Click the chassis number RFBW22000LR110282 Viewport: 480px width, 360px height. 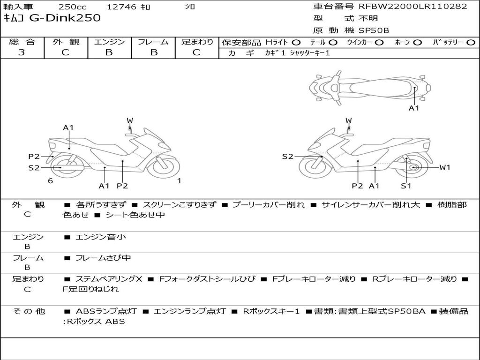click(x=413, y=7)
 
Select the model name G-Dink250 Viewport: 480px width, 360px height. click(x=66, y=18)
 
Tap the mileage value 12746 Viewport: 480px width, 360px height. click(x=121, y=7)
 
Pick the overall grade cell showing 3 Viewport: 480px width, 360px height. click(x=22, y=52)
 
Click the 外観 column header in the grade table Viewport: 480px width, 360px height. click(x=66, y=42)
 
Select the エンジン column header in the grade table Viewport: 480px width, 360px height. click(x=109, y=42)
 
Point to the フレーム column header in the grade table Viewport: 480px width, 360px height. click(x=153, y=42)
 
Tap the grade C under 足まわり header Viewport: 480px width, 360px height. click(x=196, y=52)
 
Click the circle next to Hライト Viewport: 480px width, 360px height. click(x=296, y=42)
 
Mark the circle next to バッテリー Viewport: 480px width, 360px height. click(x=471, y=42)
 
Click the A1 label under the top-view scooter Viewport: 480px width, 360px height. click(x=414, y=108)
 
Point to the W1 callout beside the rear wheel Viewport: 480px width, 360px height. click(x=444, y=167)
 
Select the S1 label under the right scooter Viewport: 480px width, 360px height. click(x=406, y=186)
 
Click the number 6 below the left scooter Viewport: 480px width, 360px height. click(x=50, y=180)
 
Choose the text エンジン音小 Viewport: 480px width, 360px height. click(x=101, y=237)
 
